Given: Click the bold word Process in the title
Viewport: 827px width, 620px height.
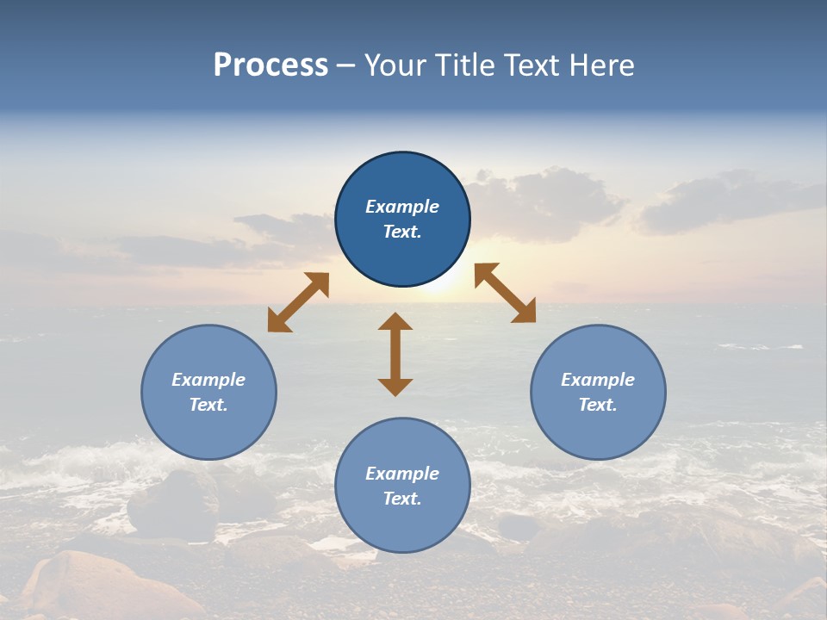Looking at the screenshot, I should [x=270, y=65].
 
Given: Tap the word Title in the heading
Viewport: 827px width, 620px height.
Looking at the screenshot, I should [x=463, y=65].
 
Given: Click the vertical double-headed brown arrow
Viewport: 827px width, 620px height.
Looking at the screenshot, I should [x=395, y=355].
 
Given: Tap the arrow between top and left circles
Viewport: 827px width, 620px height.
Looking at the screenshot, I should [x=298, y=302].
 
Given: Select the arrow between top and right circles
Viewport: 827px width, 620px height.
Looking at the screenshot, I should [x=506, y=293].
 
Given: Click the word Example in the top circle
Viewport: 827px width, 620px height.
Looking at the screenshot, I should [x=402, y=207].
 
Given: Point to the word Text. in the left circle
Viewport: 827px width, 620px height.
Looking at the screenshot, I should [x=208, y=405].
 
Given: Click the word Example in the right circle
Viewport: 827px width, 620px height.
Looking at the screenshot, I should [x=598, y=380].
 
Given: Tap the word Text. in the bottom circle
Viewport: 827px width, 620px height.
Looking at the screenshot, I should [x=402, y=499].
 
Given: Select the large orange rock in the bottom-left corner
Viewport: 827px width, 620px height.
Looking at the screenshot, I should [x=95, y=590].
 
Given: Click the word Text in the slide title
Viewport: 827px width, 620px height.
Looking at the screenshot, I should [x=533, y=65].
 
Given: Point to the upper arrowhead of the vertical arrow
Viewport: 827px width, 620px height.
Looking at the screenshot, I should [x=395, y=323].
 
